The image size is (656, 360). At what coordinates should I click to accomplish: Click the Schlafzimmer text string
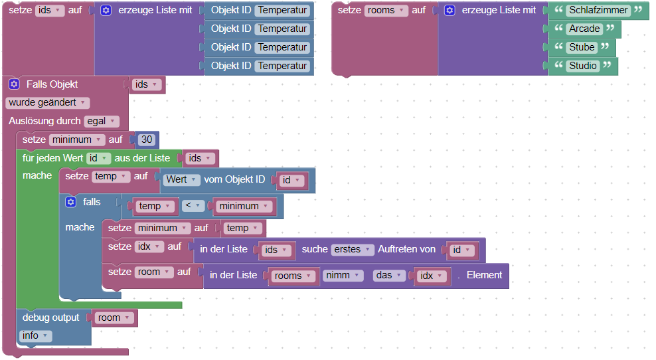598,10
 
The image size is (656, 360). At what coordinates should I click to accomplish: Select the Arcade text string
584,29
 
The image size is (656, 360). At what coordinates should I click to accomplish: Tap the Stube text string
582,47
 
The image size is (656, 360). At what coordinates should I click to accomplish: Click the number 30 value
147,140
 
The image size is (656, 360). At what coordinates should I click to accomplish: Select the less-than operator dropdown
193,206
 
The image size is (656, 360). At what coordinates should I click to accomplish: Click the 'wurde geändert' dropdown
46,103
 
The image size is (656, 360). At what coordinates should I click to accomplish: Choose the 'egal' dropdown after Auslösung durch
101,121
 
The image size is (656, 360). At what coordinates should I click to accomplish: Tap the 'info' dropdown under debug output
35,336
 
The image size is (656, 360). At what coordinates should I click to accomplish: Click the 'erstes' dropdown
352,250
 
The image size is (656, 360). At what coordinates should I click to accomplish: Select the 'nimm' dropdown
343,276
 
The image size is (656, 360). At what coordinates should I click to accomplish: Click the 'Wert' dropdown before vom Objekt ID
181,180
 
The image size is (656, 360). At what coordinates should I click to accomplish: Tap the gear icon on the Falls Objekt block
14,84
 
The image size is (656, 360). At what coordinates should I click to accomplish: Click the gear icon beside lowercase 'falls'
71,202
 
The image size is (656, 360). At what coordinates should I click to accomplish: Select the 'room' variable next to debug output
114,318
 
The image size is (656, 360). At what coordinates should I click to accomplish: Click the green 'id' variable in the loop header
98,158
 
